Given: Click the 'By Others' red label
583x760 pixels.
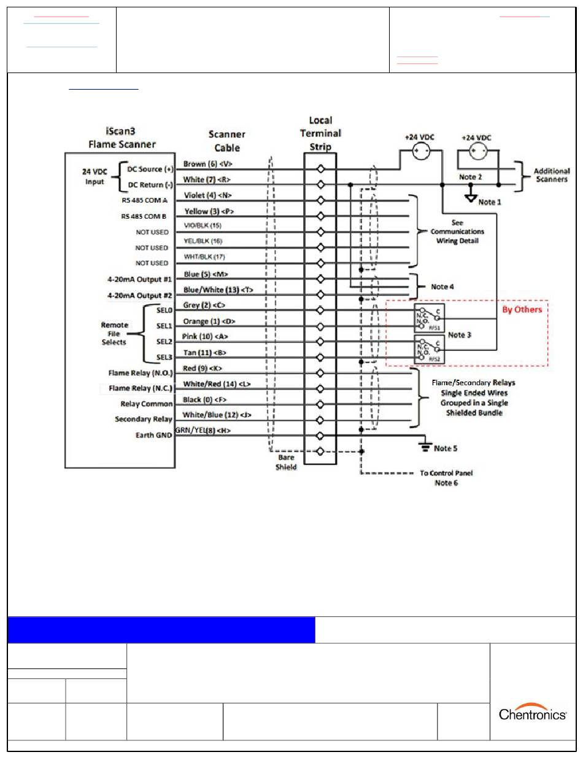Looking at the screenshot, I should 522,310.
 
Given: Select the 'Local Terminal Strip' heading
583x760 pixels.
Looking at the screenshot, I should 320,133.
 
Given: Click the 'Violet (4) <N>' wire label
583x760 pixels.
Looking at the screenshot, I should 207,195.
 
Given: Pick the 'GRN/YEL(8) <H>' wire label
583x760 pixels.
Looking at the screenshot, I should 203,431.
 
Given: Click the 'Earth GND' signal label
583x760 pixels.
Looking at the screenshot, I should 153,436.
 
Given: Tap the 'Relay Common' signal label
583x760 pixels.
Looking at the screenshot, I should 147,404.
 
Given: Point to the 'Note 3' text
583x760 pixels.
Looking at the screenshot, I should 460,335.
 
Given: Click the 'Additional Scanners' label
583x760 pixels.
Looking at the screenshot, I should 551,175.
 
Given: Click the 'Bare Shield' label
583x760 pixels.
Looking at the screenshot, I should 286,462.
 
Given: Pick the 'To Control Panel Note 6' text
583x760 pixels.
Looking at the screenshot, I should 446,478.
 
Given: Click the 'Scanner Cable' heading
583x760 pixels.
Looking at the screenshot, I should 227,141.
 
